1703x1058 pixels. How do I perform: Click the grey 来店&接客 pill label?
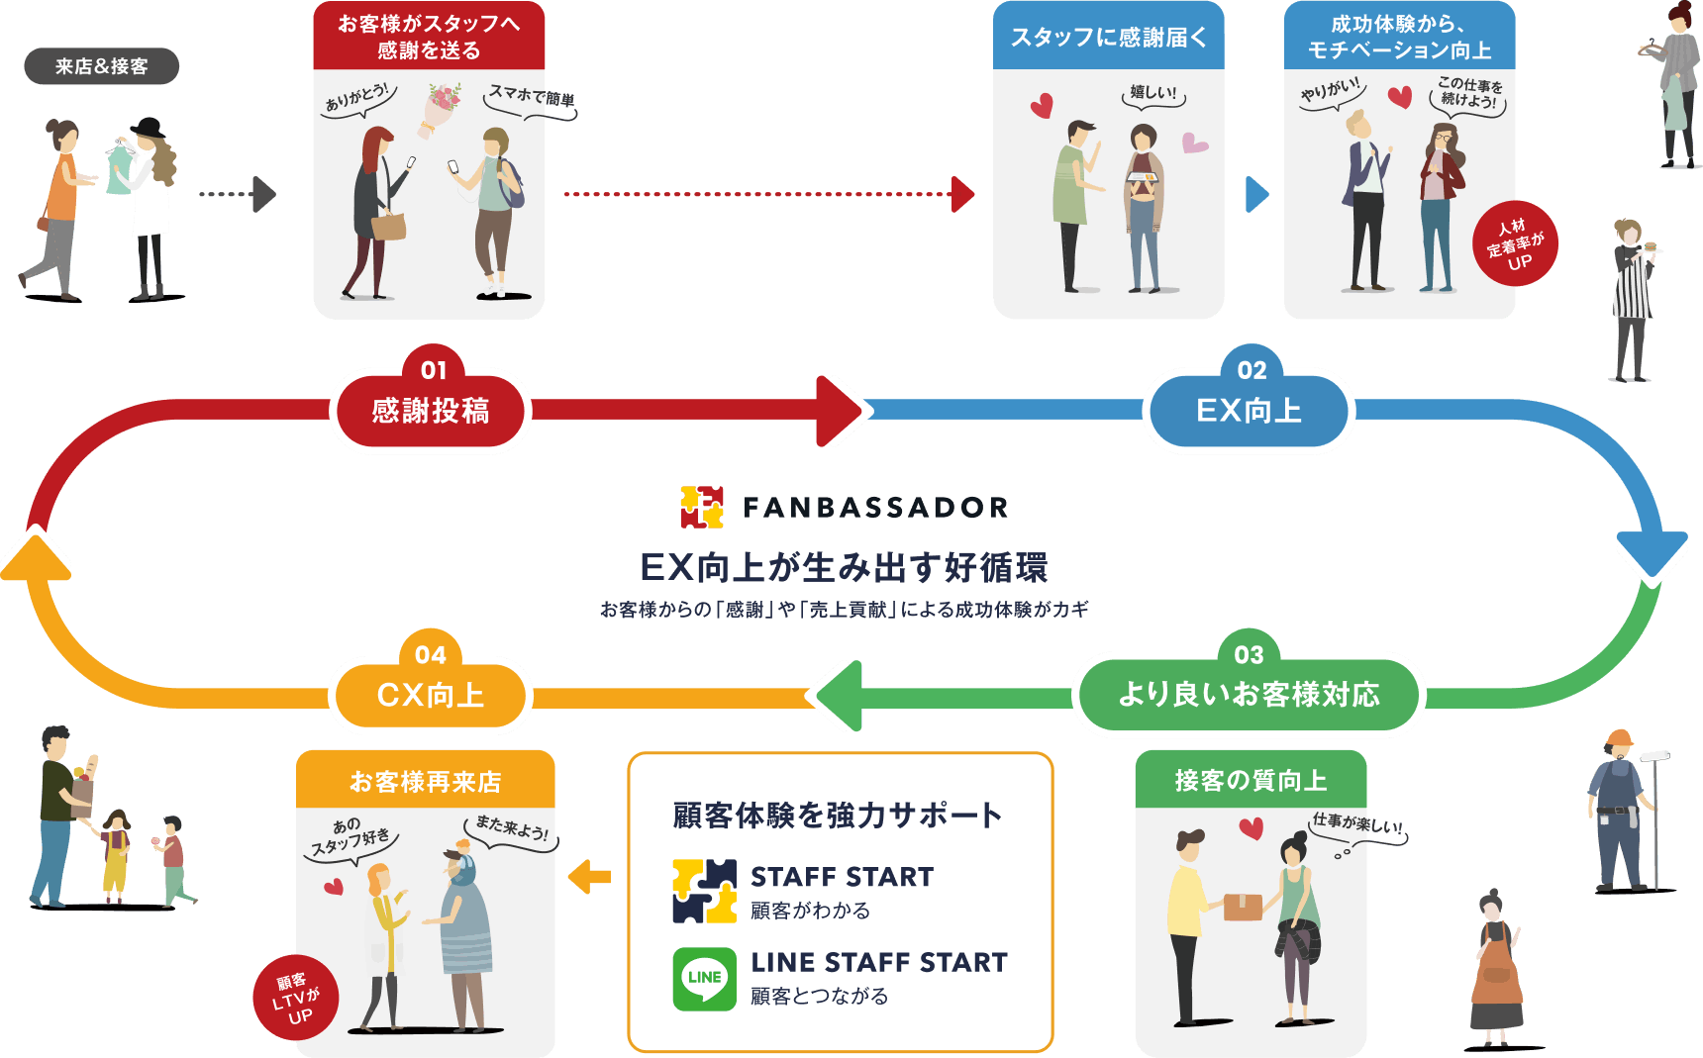(101, 66)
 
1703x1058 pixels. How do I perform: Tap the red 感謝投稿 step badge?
(430, 410)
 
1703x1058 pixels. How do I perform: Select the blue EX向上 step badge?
(1249, 410)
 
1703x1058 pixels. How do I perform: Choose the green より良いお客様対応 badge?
(1249, 694)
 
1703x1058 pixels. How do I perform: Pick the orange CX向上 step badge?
(430, 695)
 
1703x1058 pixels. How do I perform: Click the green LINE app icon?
(704, 979)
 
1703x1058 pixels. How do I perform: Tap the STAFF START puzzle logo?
(704, 891)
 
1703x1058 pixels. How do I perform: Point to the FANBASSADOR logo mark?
(702, 507)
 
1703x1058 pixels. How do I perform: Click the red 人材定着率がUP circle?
(1515, 243)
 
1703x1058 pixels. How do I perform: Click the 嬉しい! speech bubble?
(1153, 94)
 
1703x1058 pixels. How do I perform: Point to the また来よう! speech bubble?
(511, 828)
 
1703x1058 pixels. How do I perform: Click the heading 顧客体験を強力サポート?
(838, 815)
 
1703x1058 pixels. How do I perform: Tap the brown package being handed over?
(1243, 906)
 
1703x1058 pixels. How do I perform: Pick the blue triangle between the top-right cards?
(1255, 194)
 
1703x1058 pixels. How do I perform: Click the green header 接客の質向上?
(1251, 781)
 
